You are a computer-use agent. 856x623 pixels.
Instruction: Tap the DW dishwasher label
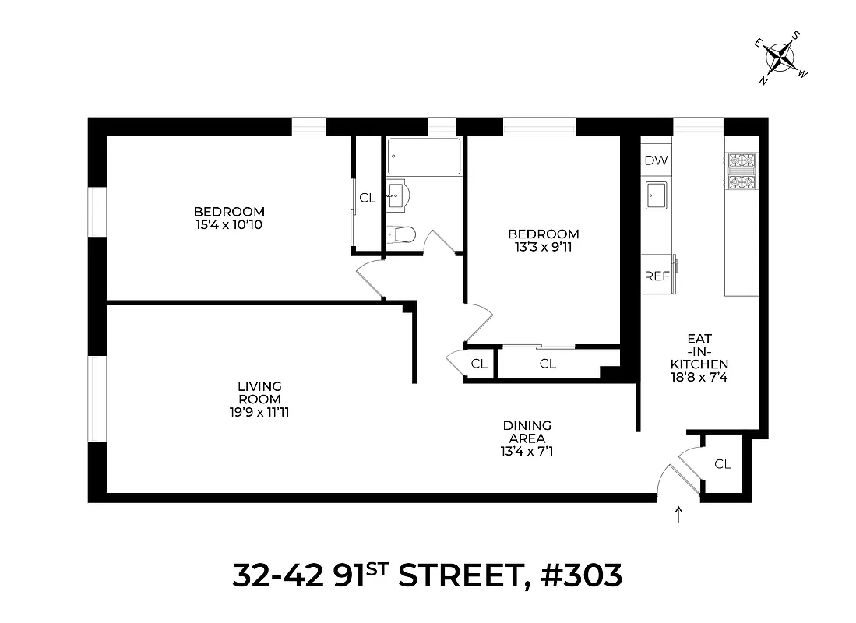(x=656, y=161)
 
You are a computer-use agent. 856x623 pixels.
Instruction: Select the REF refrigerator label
(x=656, y=276)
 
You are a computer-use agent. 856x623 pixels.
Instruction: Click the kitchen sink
(x=656, y=195)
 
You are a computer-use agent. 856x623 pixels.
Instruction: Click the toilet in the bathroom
(x=401, y=234)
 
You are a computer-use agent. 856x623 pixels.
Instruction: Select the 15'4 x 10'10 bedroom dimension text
(x=229, y=225)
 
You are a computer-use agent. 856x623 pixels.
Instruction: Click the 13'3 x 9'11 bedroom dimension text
(x=543, y=248)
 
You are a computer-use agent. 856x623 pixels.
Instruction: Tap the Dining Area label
(x=527, y=431)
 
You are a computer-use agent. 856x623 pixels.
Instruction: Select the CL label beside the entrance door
(x=723, y=464)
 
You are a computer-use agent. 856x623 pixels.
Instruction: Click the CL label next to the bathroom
(x=367, y=198)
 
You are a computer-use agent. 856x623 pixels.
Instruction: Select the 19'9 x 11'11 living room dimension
(x=259, y=412)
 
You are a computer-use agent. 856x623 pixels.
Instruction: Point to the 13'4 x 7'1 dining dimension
(x=527, y=450)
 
